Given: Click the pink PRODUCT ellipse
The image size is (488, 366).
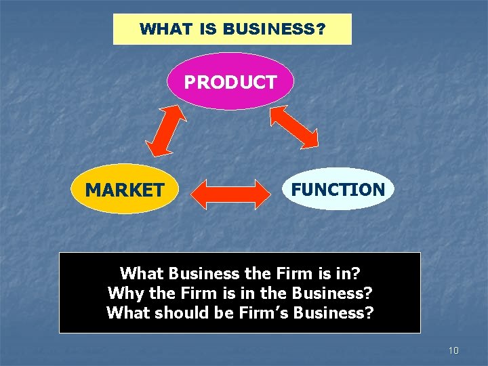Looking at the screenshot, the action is (x=230, y=82).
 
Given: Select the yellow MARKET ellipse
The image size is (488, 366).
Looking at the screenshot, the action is (x=124, y=190).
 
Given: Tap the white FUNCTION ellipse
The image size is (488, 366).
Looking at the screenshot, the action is (x=338, y=189).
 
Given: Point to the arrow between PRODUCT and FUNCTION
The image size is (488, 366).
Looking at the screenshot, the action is (x=294, y=127).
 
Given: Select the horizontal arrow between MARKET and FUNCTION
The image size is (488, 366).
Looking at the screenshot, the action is (x=230, y=194).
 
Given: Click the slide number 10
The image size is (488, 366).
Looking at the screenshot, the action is (x=453, y=350).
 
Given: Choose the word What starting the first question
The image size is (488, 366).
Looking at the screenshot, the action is (x=142, y=274).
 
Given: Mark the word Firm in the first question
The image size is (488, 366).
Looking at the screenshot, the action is (x=293, y=274).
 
